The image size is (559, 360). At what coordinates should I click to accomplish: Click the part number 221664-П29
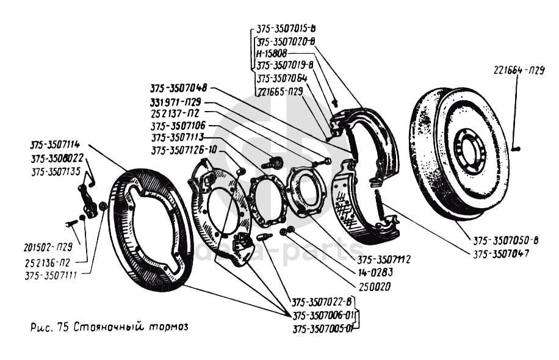point(519,70)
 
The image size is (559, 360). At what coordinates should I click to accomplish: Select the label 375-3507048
point(178,88)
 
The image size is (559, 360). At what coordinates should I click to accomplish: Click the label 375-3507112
point(386,258)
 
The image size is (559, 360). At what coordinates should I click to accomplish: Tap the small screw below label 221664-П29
point(516,146)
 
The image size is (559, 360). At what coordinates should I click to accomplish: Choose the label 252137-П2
point(176,113)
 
